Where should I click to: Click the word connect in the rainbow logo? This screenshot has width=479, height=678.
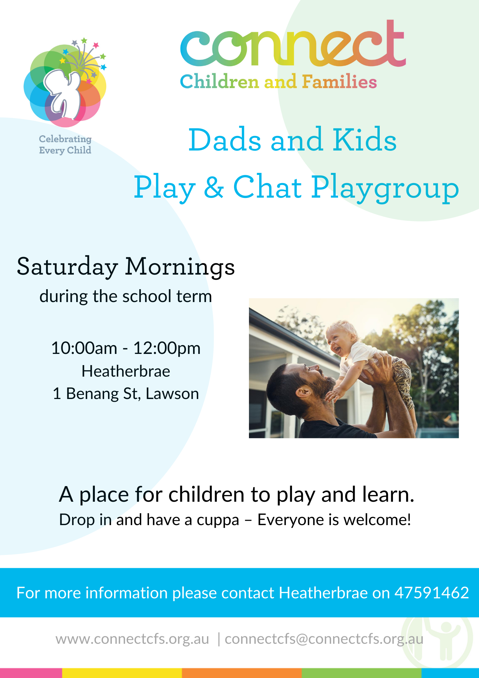(293, 43)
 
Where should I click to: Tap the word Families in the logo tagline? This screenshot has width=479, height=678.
(339, 82)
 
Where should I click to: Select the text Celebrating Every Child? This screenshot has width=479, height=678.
(65, 144)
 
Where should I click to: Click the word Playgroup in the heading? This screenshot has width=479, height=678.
(385, 189)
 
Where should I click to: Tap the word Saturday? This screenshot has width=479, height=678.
(67, 267)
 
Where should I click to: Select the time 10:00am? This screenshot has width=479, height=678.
(84, 348)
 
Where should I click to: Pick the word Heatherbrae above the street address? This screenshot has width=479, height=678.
(126, 371)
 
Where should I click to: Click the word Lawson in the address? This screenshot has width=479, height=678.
(172, 394)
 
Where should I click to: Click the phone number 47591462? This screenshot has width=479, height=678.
(432, 593)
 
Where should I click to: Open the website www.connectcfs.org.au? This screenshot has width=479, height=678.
(132, 639)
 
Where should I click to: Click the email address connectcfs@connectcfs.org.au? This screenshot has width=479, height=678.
(324, 639)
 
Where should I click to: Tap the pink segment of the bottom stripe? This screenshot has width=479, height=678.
(31, 673)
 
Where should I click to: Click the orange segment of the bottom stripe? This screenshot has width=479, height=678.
(242, 673)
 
